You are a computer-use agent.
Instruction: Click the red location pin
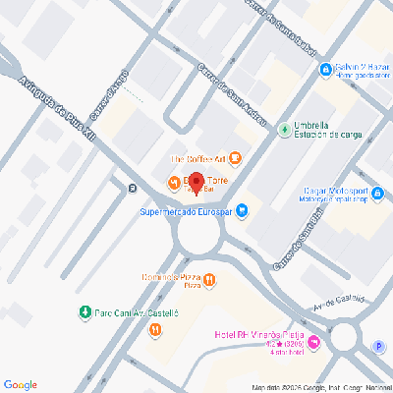pyautogui.click(x=196, y=184)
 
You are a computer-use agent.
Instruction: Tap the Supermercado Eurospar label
pyautogui.click(x=184, y=209)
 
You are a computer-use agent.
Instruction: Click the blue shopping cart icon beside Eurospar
pyautogui.click(x=242, y=209)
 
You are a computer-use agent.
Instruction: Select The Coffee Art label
pyautogui.click(x=199, y=159)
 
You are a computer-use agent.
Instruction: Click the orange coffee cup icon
pyautogui.click(x=236, y=159)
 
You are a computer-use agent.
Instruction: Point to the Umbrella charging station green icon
pyautogui.click(x=285, y=128)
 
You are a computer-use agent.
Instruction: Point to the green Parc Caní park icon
pyautogui.click(x=84, y=312)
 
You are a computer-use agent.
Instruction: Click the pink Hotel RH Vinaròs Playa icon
pyautogui.click(x=313, y=343)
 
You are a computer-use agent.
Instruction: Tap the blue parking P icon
pyautogui.click(x=378, y=345)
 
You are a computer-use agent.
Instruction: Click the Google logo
pyautogui.click(x=21, y=384)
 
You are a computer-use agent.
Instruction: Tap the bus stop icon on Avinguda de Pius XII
pyautogui.click(x=133, y=188)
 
